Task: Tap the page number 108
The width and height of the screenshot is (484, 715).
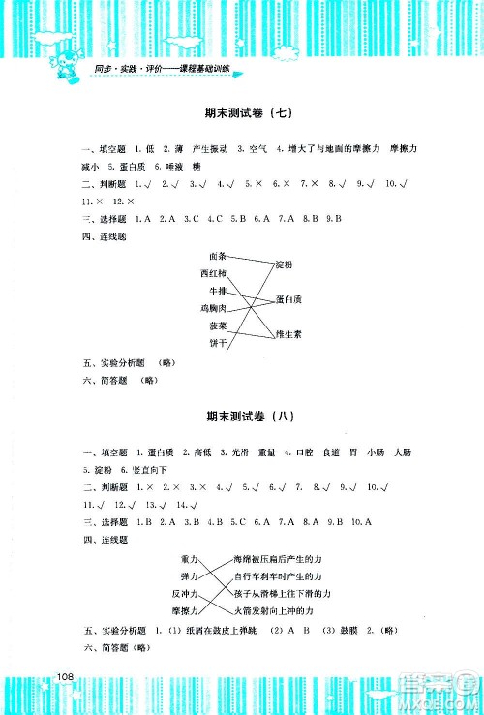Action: point(66,675)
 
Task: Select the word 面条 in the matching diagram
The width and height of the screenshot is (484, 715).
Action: point(217,257)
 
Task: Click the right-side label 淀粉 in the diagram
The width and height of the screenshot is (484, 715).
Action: point(284,264)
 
